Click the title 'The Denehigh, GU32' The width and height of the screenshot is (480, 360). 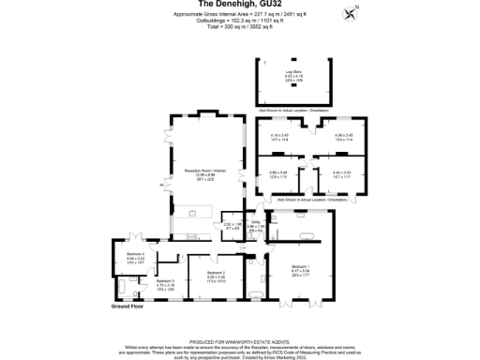(239, 5)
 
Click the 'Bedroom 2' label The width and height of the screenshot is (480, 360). (217, 273)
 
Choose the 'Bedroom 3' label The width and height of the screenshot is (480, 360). (166, 280)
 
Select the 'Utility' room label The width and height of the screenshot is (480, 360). (255, 222)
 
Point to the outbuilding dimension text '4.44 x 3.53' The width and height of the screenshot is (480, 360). (341, 173)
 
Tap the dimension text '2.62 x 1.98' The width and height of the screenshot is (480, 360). (232, 225)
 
